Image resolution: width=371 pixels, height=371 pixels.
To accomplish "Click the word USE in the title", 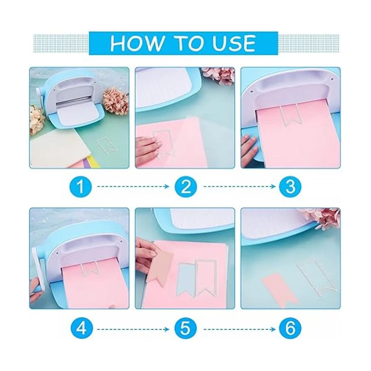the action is tap(234, 43).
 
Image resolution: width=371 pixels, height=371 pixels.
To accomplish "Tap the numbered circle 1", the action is tap(81, 186).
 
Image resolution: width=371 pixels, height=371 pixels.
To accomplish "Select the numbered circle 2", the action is tap(185, 186).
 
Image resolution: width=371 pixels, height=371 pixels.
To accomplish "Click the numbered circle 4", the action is tap(81, 329).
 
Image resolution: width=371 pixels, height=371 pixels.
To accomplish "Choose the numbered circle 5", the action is tap(185, 329).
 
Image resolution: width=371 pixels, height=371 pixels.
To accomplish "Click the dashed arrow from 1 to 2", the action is tap(133, 186).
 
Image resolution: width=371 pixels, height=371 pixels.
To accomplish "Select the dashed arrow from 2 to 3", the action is tap(240, 186).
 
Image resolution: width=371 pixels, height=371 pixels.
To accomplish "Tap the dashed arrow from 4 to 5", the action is tap(133, 329).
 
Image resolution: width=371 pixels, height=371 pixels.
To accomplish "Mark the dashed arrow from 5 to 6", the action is tap(240, 329).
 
